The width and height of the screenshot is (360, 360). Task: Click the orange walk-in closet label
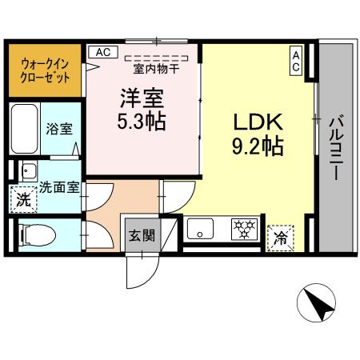pos(44,70)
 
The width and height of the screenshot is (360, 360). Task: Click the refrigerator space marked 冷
pos(279,237)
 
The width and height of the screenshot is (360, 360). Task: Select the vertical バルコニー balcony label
pos(336,148)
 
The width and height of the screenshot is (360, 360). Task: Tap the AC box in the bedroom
pos(102,52)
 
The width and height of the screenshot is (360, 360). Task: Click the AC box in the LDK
pos(294,61)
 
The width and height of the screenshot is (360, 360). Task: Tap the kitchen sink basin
pos(198,230)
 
